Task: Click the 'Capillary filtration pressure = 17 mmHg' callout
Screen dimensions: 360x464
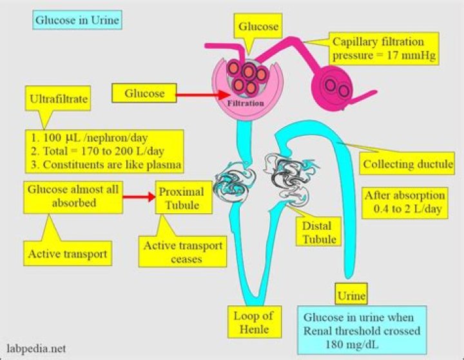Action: [x=383, y=49]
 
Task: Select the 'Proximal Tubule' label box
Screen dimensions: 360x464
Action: [x=181, y=199]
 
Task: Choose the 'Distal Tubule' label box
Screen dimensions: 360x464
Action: [x=320, y=232]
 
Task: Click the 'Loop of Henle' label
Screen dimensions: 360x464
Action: [x=253, y=322]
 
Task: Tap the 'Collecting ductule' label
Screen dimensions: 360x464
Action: [x=408, y=164]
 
